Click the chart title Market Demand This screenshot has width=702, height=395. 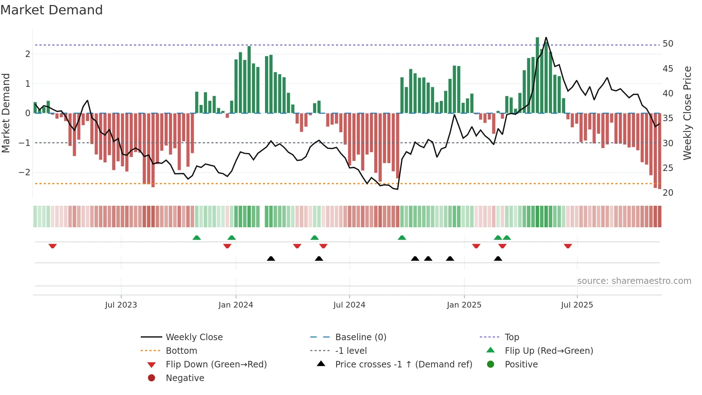(x=52, y=10)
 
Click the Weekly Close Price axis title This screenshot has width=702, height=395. (x=687, y=113)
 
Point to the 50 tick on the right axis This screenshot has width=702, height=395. (x=668, y=44)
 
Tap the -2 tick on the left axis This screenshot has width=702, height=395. (x=25, y=172)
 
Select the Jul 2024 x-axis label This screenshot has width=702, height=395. (x=349, y=305)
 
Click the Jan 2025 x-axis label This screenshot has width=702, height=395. (x=464, y=305)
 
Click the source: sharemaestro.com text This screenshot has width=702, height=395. (x=634, y=281)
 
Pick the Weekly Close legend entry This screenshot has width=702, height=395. (x=194, y=337)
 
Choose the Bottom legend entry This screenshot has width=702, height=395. (x=181, y=351)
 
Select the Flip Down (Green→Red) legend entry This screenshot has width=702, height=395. (x=216, y=365)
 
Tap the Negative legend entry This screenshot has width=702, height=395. (x=185, y=378)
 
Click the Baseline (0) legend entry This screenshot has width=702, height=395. (x=360, y=337)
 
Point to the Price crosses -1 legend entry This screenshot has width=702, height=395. (x=403, y=365)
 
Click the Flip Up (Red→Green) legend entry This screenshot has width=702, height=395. (x=549, y=351)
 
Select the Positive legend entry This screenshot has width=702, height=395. (x=521, y=365)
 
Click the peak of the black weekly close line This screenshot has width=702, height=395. (x=546, y=38)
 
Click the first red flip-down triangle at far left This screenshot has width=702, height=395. (x=53, y=246)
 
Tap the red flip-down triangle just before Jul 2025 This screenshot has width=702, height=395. (x=568, y=246)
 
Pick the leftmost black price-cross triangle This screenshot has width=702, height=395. (x=271, y=258)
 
